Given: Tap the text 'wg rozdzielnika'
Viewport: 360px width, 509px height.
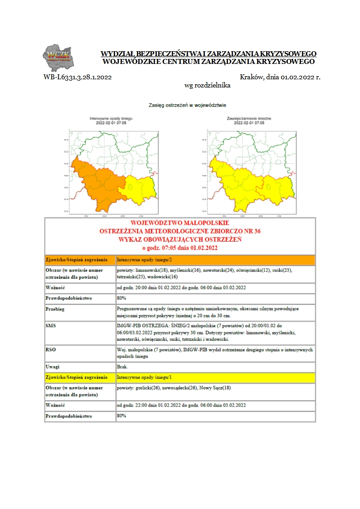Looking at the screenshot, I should [x=207, y=85].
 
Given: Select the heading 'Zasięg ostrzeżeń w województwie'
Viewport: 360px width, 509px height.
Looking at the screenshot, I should [x=188, y=105].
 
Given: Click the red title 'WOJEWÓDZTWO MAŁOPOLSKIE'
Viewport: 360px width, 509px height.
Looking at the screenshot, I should [x=180, y=223].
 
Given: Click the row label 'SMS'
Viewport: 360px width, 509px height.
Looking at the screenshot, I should [x=51, y=325].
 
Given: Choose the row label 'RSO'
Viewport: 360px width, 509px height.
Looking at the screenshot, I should [x=51, y=350].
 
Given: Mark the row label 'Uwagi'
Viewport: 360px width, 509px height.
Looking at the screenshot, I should [x=54, y=367].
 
